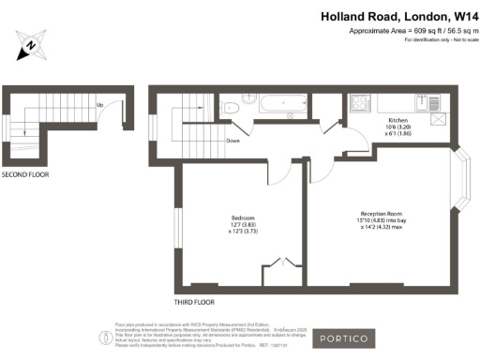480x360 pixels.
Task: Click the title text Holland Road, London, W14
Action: [399, 16]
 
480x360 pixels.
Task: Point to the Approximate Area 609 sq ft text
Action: [409, 31]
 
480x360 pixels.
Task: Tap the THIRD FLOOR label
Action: [195, 303]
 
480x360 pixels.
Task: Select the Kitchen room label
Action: [399, 121]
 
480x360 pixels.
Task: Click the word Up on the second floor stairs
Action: [100, 105]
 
